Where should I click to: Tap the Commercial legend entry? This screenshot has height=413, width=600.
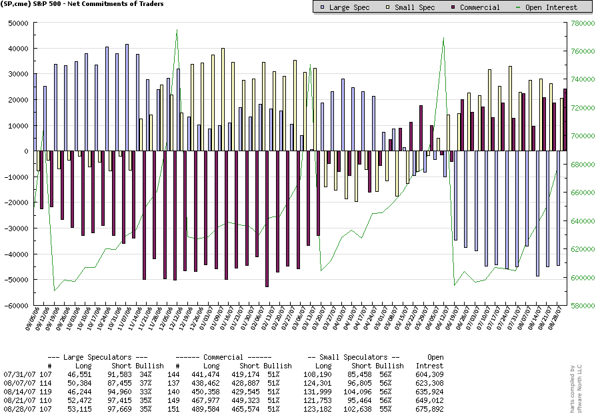point(474,7)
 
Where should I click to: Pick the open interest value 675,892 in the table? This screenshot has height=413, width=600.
point(429,410)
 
